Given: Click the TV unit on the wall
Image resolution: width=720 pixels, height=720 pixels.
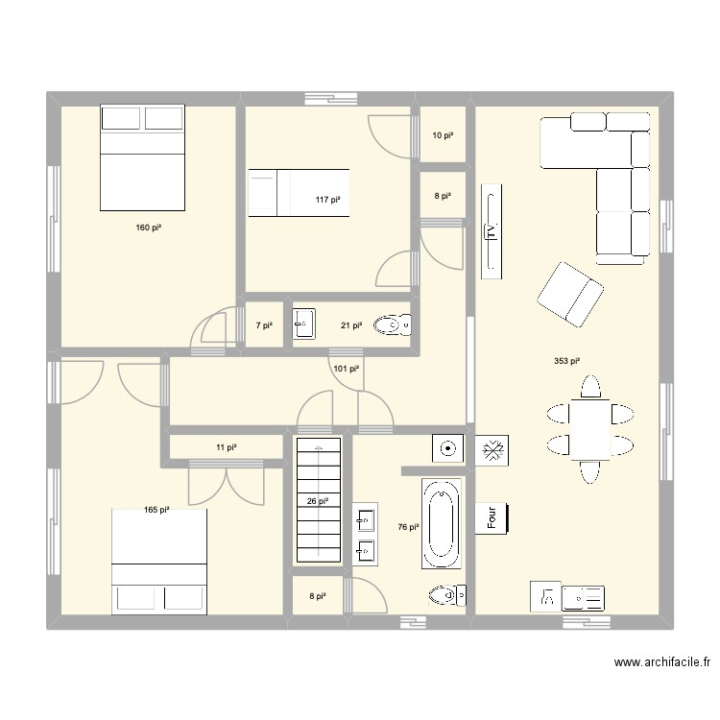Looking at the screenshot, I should [492, 230].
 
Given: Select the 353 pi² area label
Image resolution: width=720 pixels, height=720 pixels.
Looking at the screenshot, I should [566, 362].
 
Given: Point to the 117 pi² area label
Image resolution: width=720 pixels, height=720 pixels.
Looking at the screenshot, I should [327, 200].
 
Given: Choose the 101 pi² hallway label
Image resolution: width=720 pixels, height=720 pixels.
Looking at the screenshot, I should [346, 368].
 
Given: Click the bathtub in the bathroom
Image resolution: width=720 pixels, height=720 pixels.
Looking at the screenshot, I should [443, 523].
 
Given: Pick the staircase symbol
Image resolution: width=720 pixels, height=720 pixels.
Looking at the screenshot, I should [318, 500].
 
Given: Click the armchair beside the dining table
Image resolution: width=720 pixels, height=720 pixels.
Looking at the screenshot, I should [570, 293].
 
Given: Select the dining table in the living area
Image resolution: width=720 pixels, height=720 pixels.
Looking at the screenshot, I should [589, 428].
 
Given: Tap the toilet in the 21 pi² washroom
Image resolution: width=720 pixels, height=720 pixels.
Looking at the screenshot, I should [393, 326].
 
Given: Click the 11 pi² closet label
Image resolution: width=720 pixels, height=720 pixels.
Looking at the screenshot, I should [226, 447].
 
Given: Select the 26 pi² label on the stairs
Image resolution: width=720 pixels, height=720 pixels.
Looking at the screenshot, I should [318, 500].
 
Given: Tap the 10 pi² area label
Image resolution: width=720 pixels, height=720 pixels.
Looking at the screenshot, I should [442, 136].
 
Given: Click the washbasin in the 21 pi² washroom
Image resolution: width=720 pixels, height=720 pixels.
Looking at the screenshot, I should [303, 324].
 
